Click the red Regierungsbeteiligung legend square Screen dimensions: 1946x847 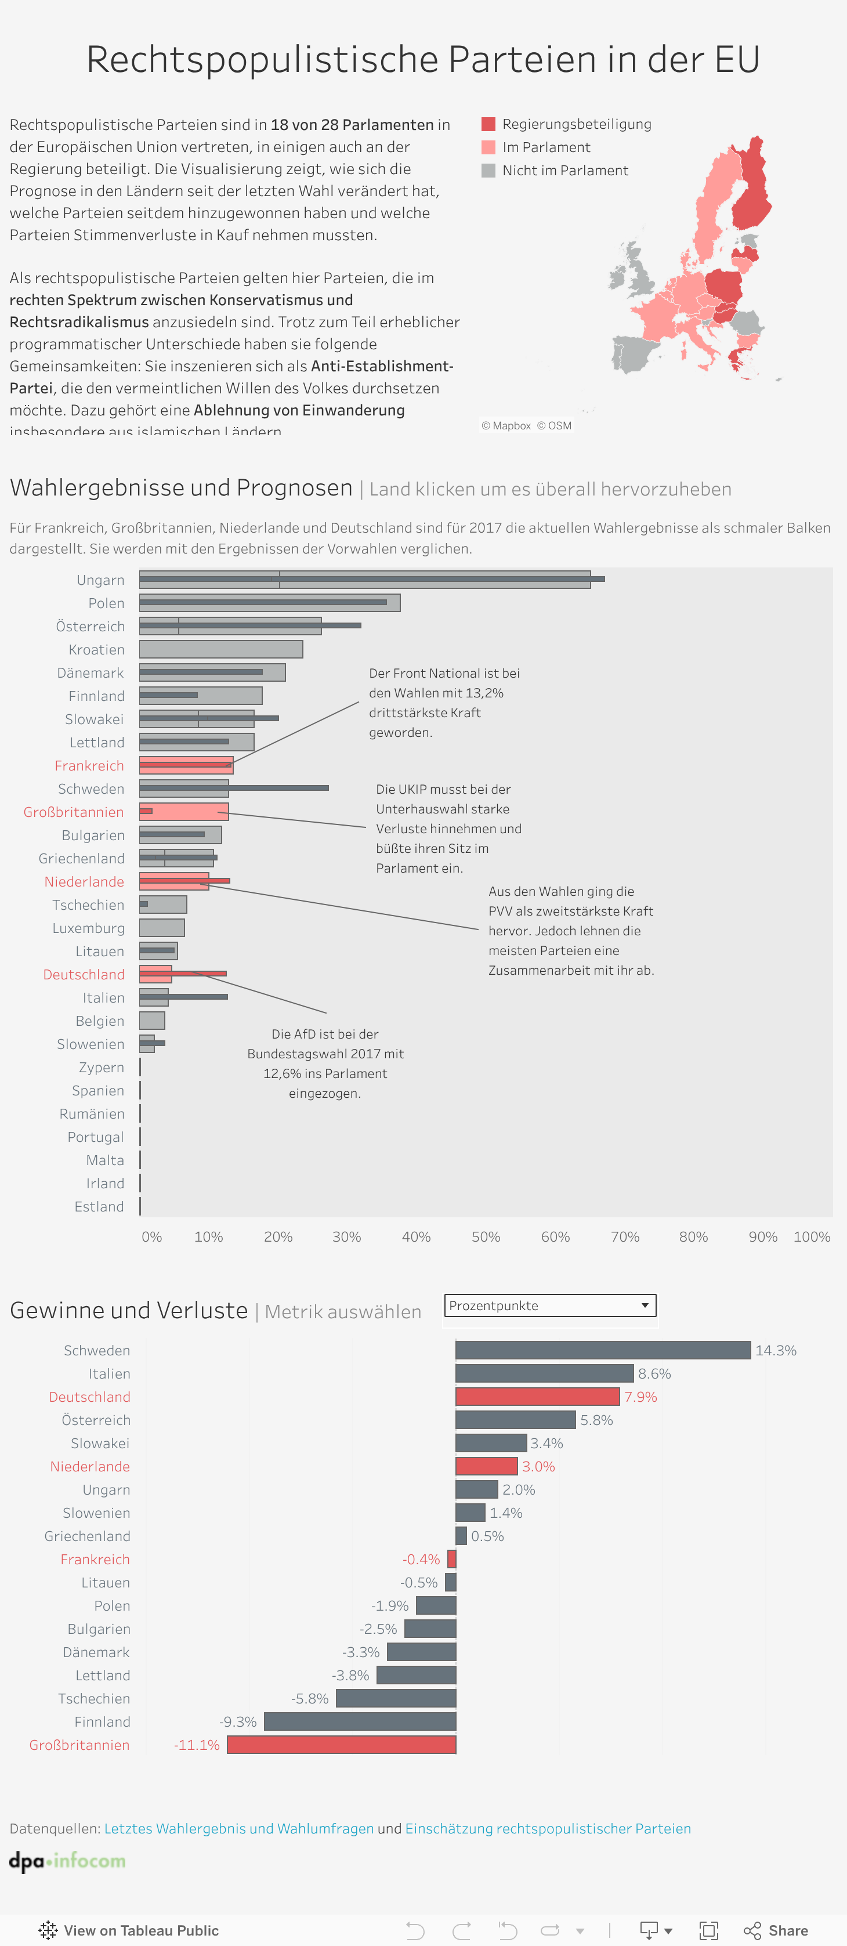point(488,124)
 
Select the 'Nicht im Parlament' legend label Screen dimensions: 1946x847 point(564,171)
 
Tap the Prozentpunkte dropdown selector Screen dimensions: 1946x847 point(549,1305)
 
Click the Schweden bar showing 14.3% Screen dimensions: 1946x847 point(602,1350)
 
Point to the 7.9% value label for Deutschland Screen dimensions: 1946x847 point(640,1397)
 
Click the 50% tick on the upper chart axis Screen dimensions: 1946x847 point(485,1236)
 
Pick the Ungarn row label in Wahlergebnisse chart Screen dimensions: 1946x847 point(100,580)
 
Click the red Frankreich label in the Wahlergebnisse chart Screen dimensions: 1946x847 point(89,765)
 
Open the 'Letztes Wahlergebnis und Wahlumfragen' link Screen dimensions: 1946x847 point(239,1828)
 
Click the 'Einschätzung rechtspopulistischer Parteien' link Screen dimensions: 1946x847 point(548,1828)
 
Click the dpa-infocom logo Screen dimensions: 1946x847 point(67,1861)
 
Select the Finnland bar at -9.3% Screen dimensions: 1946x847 point(360,1721)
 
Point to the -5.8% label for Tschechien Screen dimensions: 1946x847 point(310,1698)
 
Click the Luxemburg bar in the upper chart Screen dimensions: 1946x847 point(162,928)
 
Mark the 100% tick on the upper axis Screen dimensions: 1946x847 point(812,1236)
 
